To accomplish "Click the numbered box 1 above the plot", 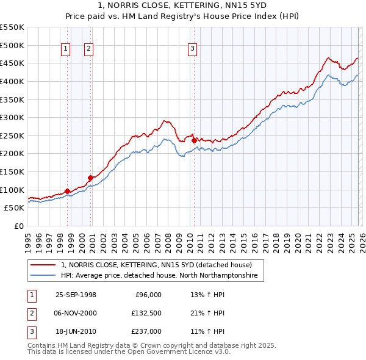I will pos(65,50).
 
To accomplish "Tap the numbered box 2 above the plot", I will pos(88,50).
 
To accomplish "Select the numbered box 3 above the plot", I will pos(192,50).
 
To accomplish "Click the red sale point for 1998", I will pos(67,191).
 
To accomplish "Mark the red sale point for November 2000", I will pos(90,178).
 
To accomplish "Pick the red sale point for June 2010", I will pos(194,140).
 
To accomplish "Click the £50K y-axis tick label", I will pos(14,207).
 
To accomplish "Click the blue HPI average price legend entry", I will pos(159,276).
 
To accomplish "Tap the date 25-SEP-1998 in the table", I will pos(76,295).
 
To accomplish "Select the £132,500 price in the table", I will pos(146,313).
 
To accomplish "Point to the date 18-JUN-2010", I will pos(76,331).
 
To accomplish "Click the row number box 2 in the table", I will pos(31,313).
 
